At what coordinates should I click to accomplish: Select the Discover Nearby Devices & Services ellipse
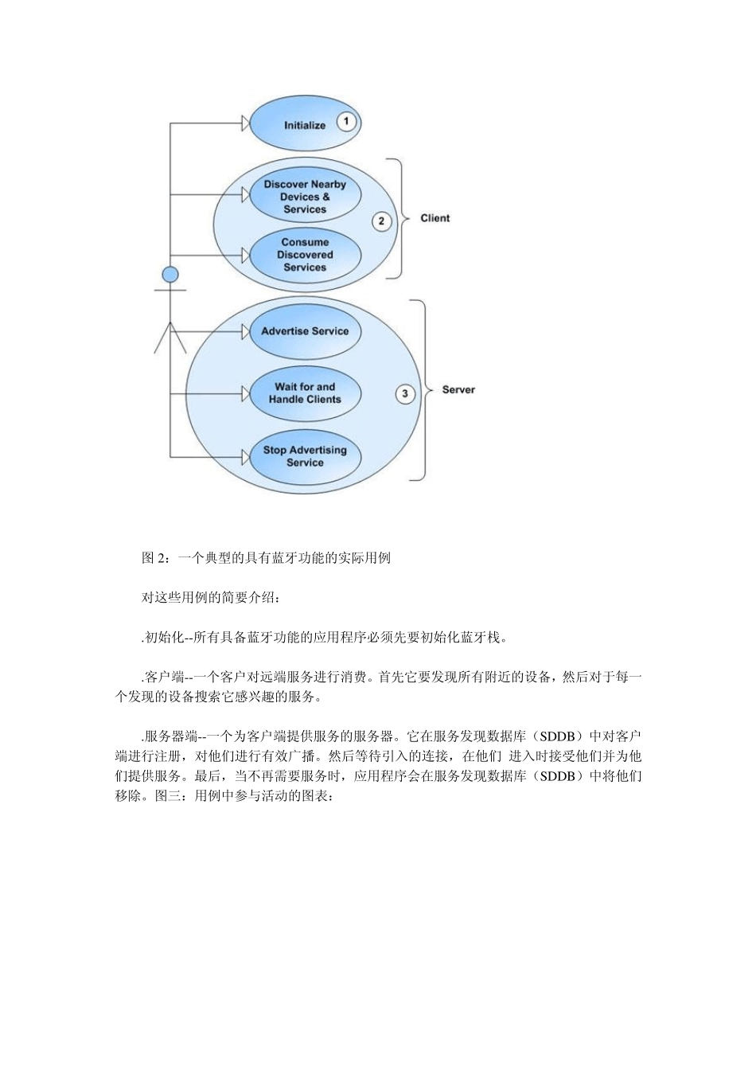(305, 196)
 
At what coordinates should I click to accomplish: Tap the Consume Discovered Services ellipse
(305, 255)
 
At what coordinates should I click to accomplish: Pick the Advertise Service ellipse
(305, 331)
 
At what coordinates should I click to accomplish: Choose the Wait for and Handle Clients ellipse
(305, 393)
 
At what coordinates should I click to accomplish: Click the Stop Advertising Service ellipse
(305, 456)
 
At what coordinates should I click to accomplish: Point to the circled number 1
(346, 122)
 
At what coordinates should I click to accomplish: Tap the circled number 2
(381, 221)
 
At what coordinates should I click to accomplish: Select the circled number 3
(405, 393)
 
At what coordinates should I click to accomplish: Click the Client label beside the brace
(435, 218)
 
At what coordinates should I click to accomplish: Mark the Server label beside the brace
(458, 389)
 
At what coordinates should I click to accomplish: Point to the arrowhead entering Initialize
(244, 123)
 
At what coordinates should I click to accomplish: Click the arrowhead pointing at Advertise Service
(244, 331)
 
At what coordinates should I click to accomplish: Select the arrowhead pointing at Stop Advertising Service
(244, 456)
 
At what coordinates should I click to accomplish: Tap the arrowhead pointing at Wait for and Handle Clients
(244, 392)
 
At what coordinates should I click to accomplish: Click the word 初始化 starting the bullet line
(165, 637)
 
